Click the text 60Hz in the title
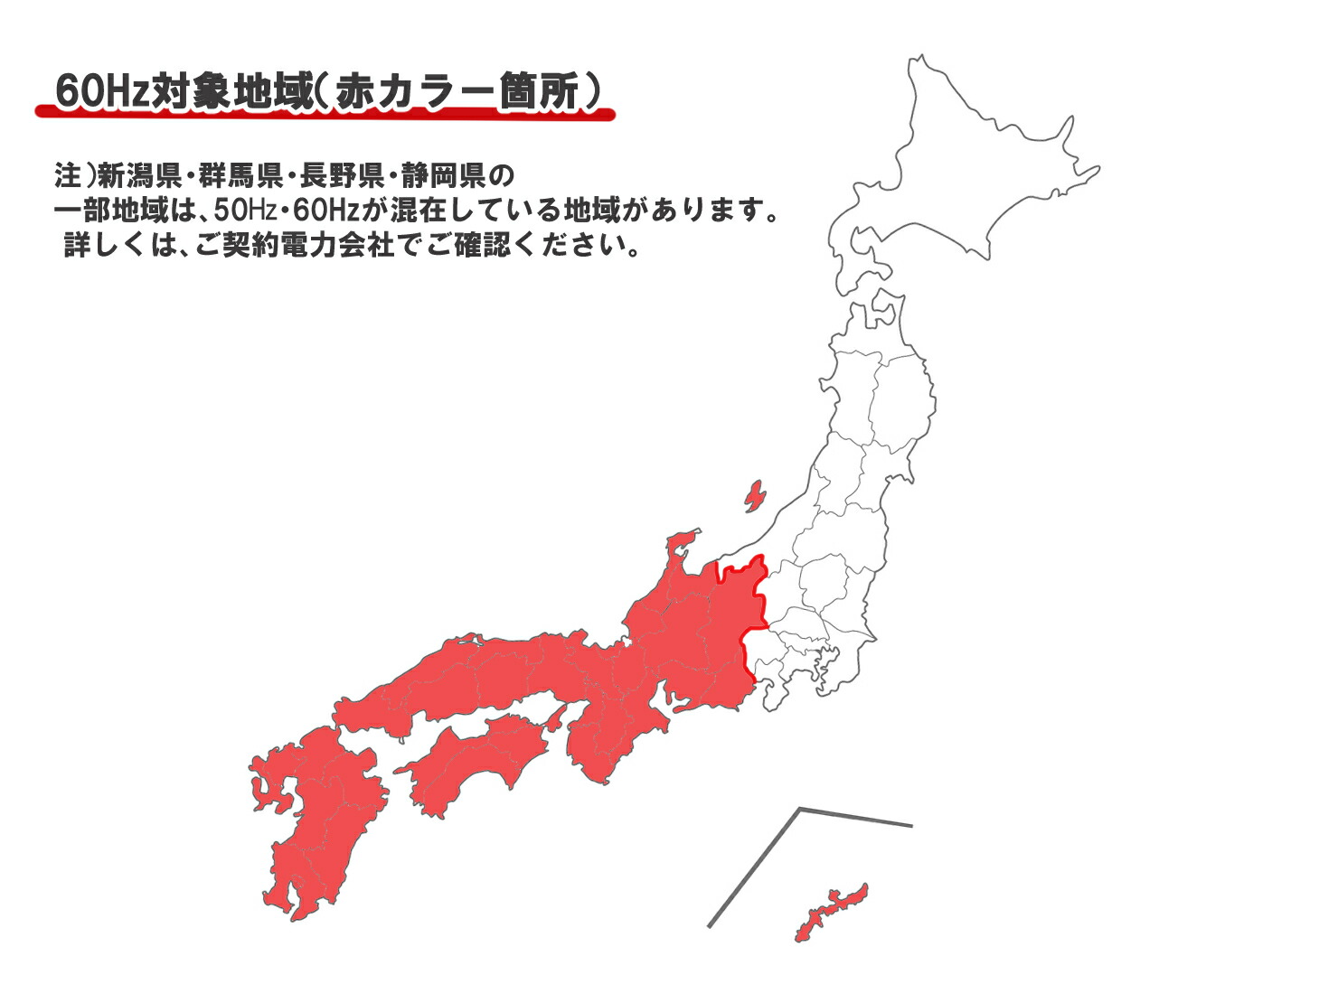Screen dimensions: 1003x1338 point(102,91)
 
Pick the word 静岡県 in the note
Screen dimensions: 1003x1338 point(444,174)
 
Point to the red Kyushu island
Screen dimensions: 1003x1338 point(316,813)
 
